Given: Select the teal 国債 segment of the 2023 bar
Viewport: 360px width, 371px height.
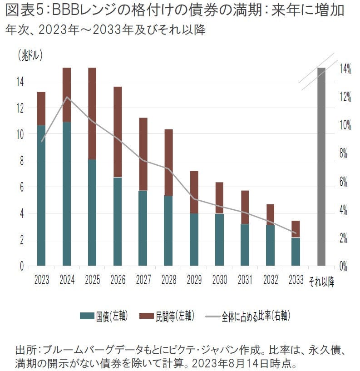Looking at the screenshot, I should [41, 195].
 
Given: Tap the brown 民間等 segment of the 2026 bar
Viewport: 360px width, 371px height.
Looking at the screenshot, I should [118, 132].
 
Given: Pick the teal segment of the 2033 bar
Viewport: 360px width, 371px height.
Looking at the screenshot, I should [296, 252].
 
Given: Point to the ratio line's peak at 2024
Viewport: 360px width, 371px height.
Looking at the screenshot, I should [67, 97].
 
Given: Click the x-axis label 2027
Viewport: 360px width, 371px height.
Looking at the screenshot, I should [143, 279].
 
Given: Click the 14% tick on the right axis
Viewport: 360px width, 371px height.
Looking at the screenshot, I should [345, 69].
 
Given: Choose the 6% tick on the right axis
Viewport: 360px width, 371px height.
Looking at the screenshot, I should [344, 182].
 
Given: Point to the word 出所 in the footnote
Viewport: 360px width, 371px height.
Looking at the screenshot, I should [25, 350].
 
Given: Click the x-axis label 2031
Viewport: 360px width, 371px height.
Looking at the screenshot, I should [244, 279].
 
